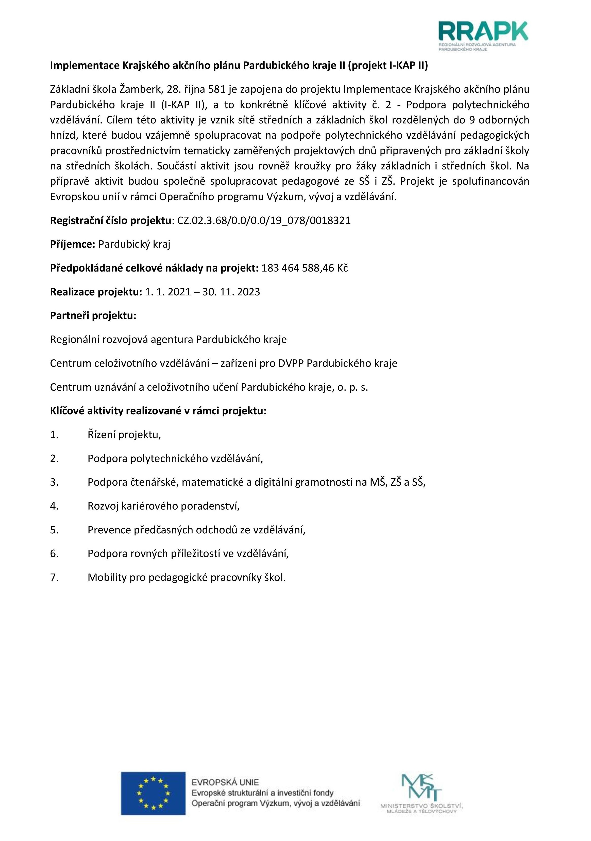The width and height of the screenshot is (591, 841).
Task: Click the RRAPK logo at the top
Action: click(x=483, y=36)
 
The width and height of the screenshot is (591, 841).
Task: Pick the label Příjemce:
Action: click(x=73, y=244)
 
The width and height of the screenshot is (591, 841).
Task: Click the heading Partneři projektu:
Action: click(x=93, y=316)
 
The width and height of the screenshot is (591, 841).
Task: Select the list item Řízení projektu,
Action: click(x=124, y=435)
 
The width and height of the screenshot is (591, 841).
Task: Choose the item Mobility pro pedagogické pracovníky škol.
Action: click(x=186, y=578)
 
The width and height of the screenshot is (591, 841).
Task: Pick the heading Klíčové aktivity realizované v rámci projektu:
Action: click(x=158, y=411)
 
